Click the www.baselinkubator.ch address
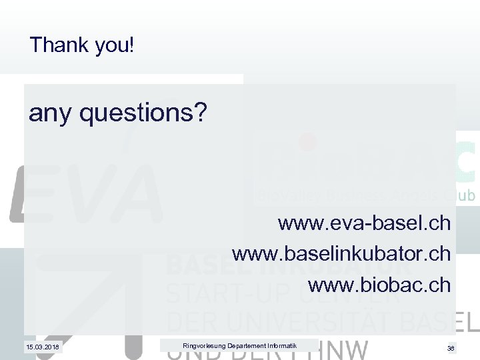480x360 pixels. [341, 253]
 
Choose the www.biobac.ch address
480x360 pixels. [379, 285]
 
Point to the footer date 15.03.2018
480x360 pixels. [42, 347]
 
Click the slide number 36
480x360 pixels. [451, 348]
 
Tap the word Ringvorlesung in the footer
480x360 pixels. [203, 345]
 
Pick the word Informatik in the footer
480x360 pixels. [282, 345]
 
